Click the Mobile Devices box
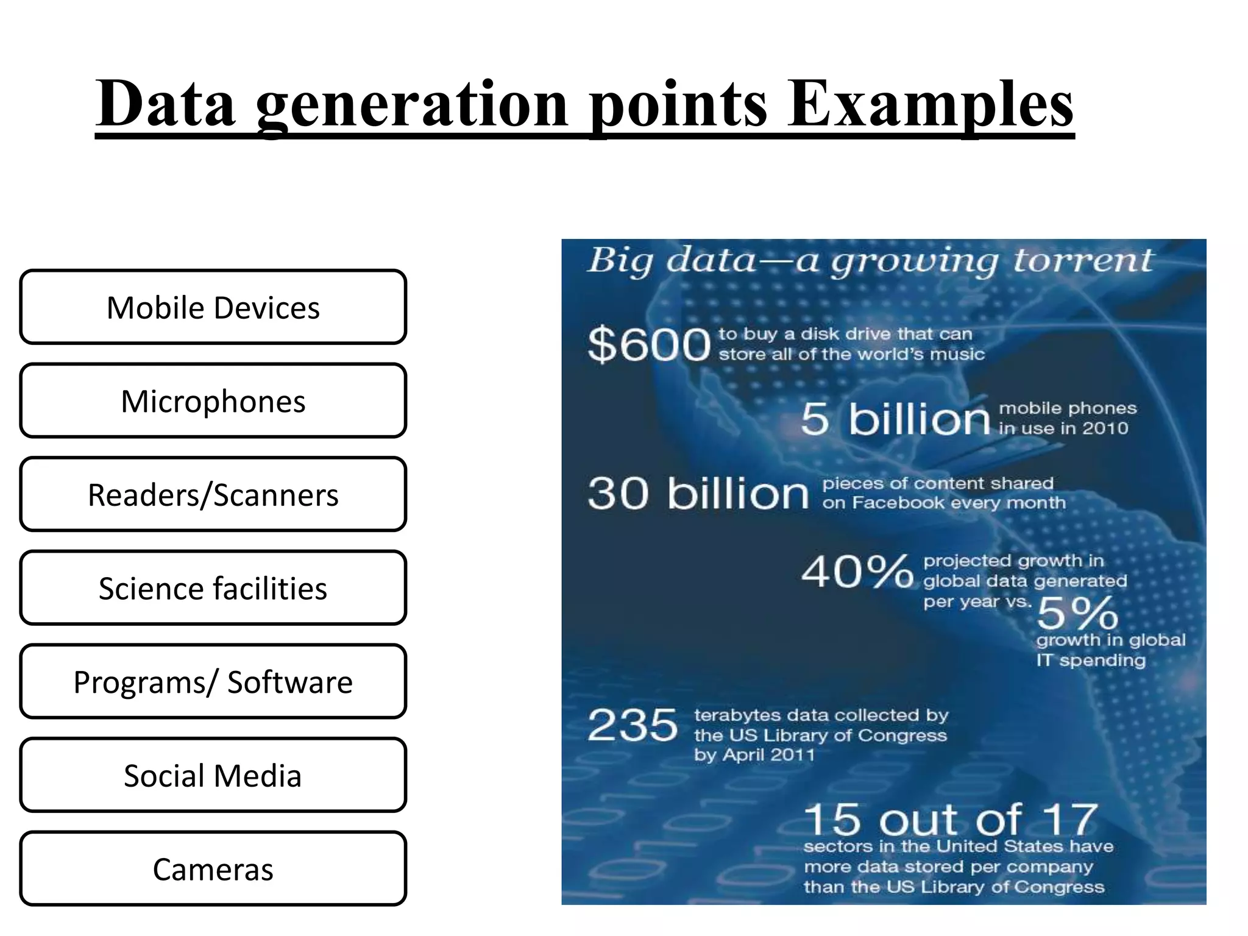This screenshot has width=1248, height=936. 213,307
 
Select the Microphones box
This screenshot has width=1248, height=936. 213,401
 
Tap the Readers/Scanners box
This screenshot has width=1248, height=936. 213,494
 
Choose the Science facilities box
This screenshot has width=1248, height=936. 213,588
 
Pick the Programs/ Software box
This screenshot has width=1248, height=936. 213,681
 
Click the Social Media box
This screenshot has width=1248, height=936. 213,775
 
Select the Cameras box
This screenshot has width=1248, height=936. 213,868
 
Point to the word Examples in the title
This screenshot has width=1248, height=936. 930,105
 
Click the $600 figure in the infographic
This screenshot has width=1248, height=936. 649,345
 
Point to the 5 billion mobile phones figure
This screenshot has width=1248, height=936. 895,419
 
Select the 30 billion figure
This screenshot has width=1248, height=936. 698,493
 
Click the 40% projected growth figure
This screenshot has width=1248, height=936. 857,572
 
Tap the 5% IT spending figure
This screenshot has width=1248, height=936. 1077,613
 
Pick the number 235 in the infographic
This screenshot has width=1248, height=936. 633,725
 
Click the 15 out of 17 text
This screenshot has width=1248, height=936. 951,820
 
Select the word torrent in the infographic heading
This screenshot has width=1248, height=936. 1083,261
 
